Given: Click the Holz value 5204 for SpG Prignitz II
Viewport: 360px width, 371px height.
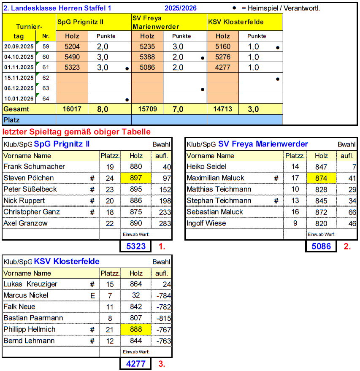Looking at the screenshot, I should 72,47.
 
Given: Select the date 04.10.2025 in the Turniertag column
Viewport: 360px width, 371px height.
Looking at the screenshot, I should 19,57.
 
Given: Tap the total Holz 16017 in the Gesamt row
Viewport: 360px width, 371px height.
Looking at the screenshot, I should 72,109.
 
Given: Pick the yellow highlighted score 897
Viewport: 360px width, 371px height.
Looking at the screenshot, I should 136,178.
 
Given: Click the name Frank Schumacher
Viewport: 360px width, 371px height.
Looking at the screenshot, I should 30,167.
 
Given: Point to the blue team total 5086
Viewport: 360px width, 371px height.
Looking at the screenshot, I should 321,246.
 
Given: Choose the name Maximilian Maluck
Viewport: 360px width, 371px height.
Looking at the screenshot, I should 215,178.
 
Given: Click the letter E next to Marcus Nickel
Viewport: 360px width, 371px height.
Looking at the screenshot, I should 92,295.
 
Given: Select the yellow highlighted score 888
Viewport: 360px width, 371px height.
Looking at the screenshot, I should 136,329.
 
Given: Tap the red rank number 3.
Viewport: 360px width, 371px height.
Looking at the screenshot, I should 161,363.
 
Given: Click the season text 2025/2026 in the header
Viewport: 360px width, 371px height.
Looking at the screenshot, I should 181,8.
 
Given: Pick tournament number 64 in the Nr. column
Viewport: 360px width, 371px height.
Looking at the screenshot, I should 46,99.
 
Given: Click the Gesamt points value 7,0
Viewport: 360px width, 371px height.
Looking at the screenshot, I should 178,109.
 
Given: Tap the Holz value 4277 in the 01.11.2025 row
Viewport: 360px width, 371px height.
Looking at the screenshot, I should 223,68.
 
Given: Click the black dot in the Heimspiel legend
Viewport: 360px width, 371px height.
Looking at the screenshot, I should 234,8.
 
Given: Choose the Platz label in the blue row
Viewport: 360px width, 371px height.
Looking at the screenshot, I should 12,120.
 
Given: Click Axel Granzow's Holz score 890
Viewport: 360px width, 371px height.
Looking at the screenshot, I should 136,223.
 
